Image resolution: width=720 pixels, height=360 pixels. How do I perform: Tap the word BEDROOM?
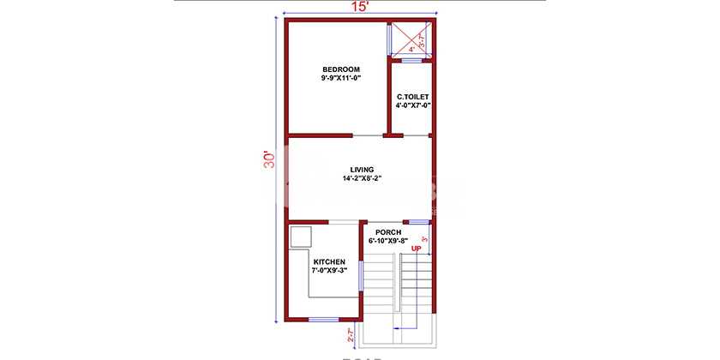341,69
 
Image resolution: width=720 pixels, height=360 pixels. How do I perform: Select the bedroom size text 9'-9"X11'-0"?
341,79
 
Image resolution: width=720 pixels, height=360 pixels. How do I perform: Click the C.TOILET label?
412,97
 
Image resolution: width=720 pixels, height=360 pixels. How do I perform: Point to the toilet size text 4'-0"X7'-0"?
412,106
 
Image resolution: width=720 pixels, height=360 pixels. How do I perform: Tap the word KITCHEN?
329,261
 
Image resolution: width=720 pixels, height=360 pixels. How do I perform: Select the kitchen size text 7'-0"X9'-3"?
329,271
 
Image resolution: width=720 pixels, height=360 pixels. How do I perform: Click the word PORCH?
388,232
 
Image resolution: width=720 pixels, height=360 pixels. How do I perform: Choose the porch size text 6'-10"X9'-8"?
388,242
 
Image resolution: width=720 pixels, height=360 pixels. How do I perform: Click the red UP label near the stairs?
417,249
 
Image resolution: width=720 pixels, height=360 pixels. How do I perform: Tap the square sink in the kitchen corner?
301,237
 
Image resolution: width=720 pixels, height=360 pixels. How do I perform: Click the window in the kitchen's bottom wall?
323,320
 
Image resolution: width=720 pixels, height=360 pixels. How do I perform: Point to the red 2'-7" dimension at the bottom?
350,335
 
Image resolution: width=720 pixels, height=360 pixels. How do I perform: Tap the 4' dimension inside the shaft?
411,50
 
